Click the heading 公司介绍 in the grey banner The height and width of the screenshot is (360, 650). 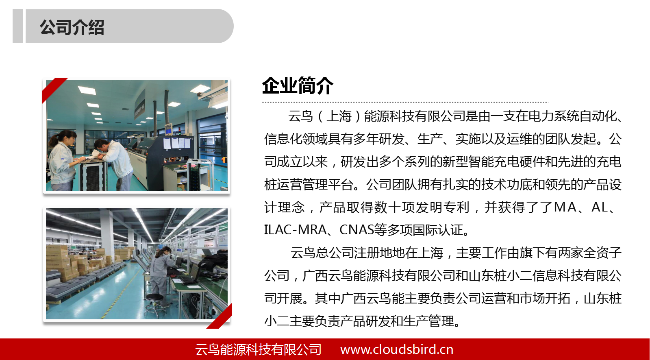pyautogui.click(x=72, y=27)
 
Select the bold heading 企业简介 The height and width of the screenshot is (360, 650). pyautogui.click(x=298, y=85)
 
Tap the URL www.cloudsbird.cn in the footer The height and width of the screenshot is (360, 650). pyautogui.click(x=397, y=349)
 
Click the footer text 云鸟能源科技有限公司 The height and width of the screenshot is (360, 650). pyautogui.click(x=258, y=349)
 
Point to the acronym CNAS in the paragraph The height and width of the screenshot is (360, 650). pyautogui.click(x=357, y=230)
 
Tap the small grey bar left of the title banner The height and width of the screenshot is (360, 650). pyautogui.click(x=18, y=26)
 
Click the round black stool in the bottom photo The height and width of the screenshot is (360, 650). pyautogui.click(x=154, y=303)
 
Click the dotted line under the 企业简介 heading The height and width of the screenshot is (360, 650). pyautogui.click(x=405, y=102)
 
